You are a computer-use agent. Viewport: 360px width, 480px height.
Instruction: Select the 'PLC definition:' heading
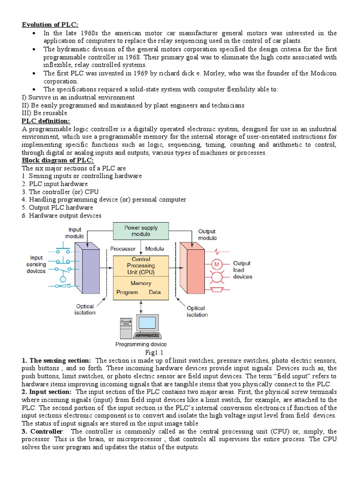coord(45,121)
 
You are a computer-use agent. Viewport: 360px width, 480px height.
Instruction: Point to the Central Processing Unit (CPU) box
coord(141,266)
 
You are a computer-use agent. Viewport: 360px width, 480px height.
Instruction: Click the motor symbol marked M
coord(217,264)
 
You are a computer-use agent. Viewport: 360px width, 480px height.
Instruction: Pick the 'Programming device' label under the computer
coord(141,345)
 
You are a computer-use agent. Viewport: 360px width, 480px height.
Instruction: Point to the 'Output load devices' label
coord(242,270)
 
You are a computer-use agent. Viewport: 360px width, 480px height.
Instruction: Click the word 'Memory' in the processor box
coord(141,283)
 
